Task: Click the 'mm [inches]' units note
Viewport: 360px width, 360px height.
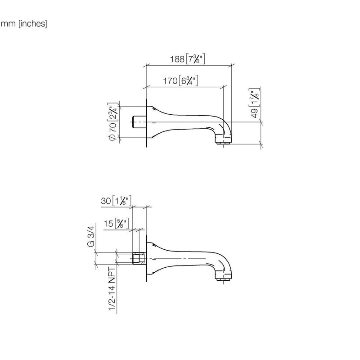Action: point(24,24)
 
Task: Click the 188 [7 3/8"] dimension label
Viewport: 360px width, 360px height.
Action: point(187,59)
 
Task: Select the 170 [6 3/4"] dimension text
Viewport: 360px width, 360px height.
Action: point(180,81)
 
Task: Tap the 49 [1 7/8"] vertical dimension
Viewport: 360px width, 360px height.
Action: point(255,103)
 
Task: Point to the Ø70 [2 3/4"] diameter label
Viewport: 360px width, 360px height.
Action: point(113,121)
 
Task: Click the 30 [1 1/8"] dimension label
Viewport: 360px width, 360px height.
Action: point(116,201)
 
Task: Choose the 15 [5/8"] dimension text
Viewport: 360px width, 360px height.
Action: point(116,223)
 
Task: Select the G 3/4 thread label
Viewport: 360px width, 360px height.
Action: point(91,236)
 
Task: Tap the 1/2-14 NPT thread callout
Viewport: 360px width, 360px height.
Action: point(112,289)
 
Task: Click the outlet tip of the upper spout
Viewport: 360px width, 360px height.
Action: point(223,143)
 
